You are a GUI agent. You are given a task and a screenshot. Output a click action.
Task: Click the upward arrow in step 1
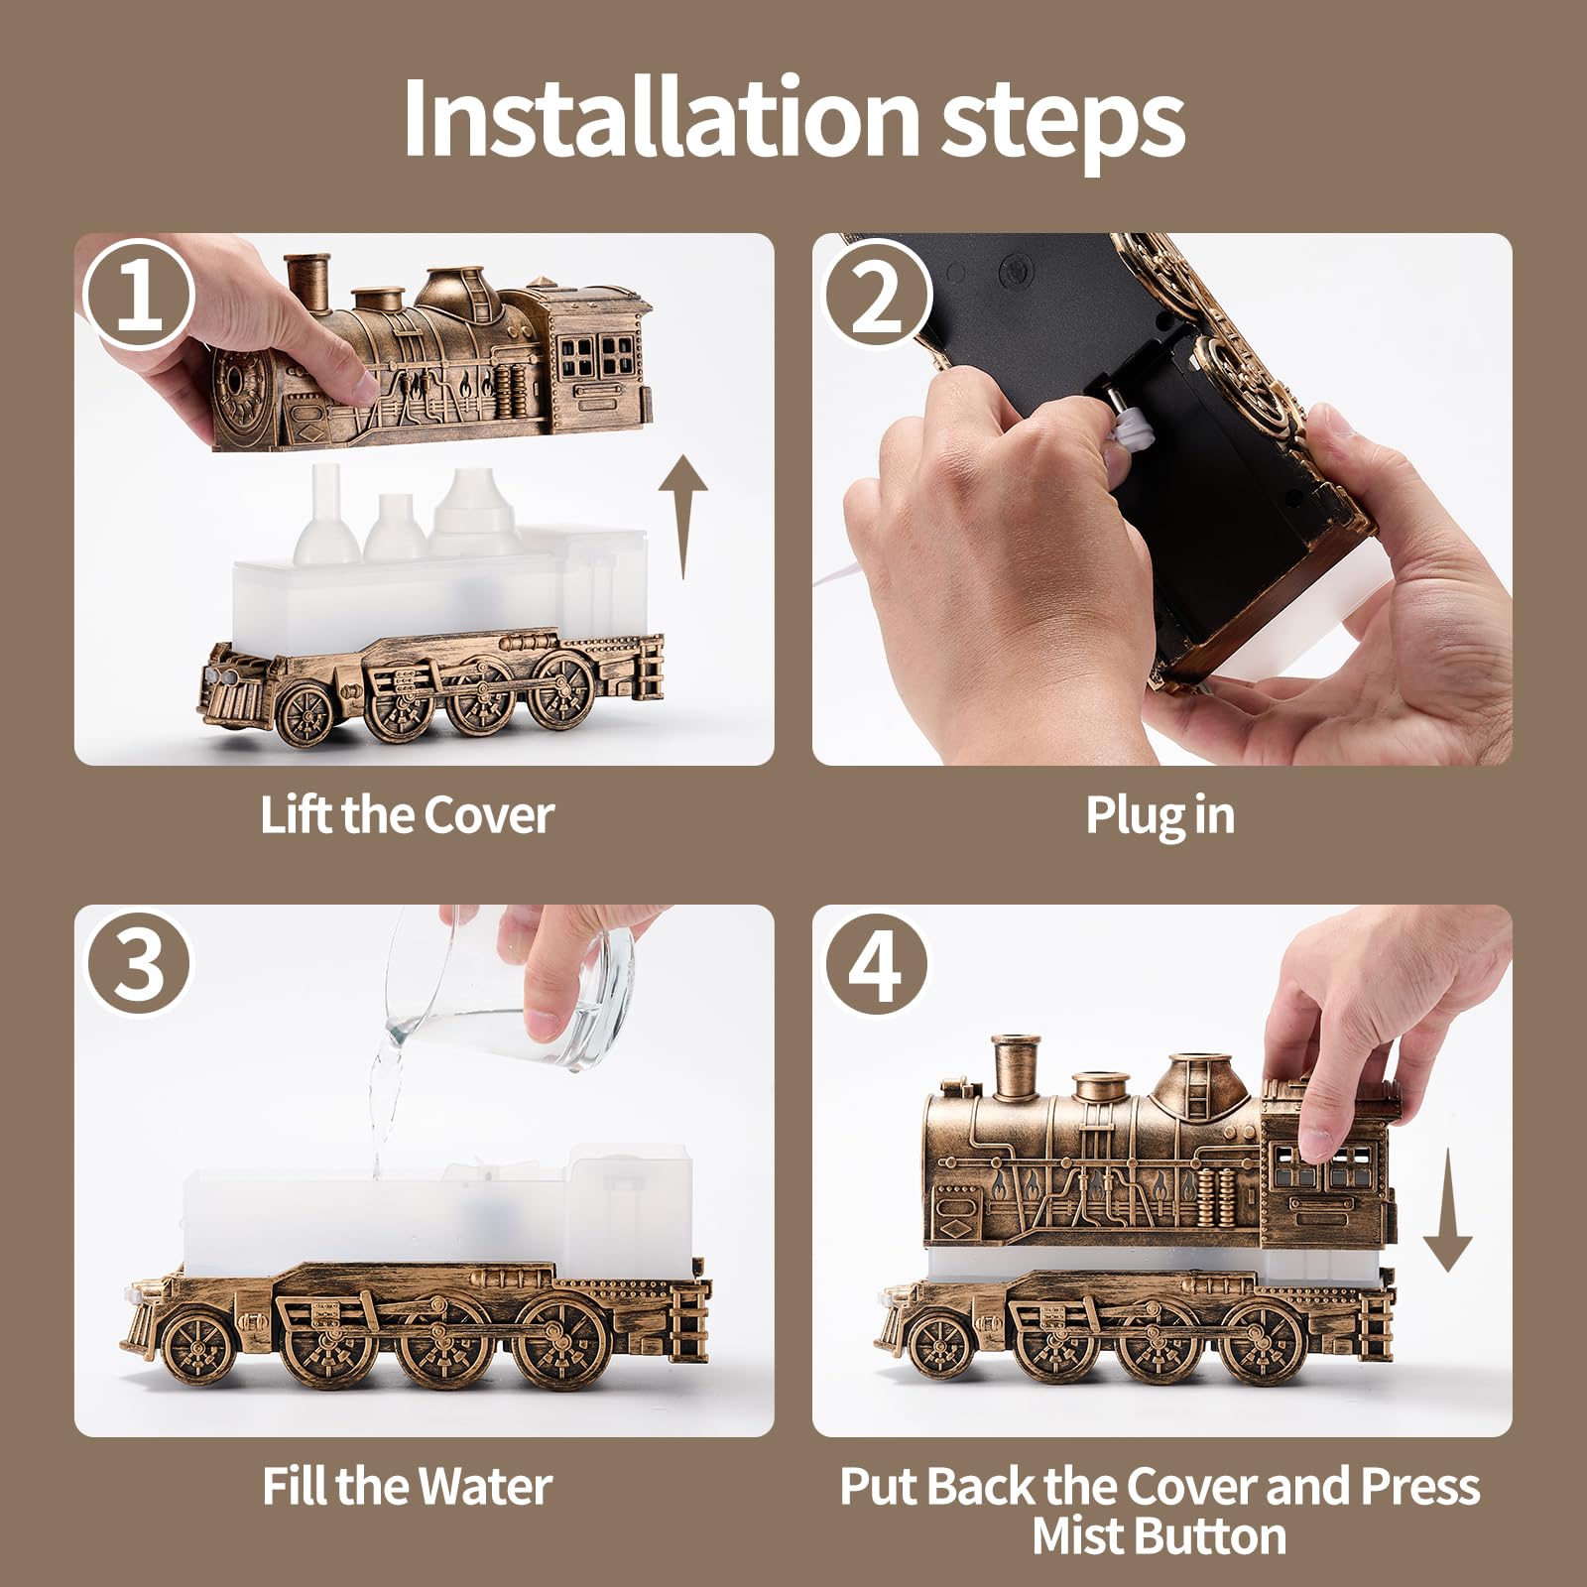pyautogui.click(x=684, y=517)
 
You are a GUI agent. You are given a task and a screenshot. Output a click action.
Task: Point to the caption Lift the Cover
pyautogui.click(x=407, y=815)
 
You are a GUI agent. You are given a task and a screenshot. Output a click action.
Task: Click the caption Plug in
pyautogui.click(x=1160, y=816)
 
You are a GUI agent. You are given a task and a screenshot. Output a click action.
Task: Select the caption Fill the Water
pyautogui.click(x=407, y=1486)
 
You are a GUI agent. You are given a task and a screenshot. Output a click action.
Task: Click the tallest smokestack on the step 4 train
pyautogui.click(x=1016, y=1072)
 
